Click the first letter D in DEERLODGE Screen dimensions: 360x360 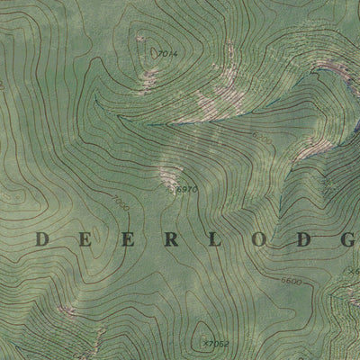[x=42, y=238]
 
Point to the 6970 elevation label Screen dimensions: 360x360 [x=186, y=189]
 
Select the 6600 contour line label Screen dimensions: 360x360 [x=291, y=282]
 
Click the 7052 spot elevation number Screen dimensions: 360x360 [x=219, y=342]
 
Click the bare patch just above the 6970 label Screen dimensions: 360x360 [x=168, y=173]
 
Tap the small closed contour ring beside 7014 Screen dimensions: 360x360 [x=140, y=40]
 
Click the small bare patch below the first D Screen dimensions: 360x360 [x=66, y=310]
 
